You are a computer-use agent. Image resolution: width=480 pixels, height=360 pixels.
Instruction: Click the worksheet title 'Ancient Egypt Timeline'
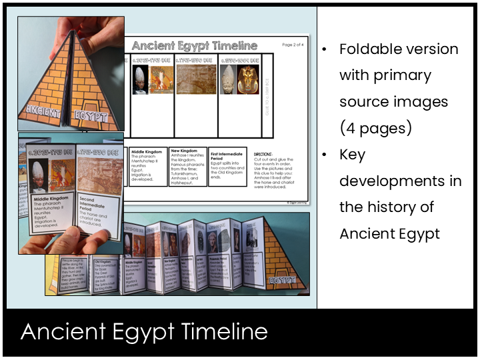(x=194, y=46)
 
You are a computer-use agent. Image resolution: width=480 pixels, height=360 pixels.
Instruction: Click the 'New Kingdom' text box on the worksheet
(x=188, y=166)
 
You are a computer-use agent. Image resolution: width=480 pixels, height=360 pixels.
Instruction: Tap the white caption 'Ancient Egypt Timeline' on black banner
(x=144, y=332)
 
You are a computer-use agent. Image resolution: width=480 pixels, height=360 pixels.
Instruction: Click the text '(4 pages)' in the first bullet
(x=375, y=127)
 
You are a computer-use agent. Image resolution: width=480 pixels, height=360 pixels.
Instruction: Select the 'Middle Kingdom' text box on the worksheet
(x=147, y=166)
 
